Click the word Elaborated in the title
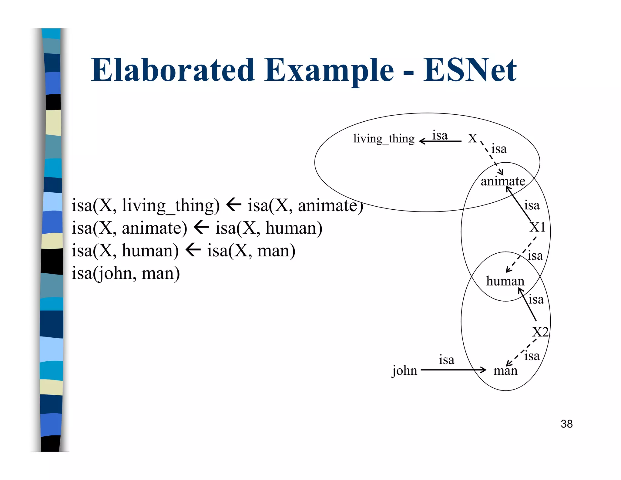(173, 70)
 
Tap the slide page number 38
(566, 424)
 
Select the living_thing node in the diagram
(384, 139)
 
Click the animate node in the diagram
(503, 181)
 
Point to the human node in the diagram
(505, 281)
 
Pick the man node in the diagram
(505, 371)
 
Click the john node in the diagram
(404, 371)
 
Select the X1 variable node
(537, 227)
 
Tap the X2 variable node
(540, 332)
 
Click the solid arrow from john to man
(453, 370)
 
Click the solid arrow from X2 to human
(528, 305)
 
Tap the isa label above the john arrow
(446, 360)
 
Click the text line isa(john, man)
(126, 273)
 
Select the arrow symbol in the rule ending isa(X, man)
(193, 250)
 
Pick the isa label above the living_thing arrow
(440, 135)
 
